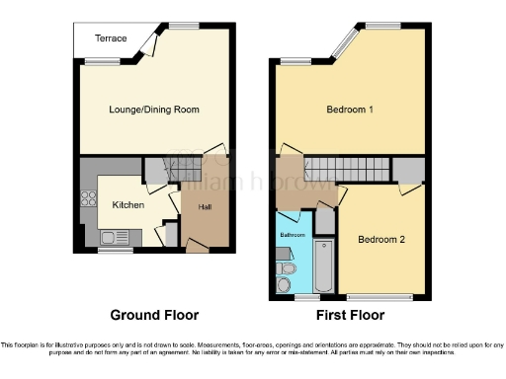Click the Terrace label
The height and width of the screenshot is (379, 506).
click(111, 38)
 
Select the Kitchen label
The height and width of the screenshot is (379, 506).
click(128, 205)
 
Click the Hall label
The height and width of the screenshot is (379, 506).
click(206, 206)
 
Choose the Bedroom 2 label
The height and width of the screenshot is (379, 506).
click(381, 239)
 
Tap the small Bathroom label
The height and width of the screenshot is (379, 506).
click(292, 235)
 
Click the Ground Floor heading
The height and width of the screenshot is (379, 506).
click(154, 316)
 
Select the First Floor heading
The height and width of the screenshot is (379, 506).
click(351, 316)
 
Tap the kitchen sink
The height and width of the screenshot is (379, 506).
click(113, 237)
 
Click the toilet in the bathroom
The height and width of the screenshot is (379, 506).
click(288, 267)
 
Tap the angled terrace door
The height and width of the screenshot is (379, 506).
click(149, 40)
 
